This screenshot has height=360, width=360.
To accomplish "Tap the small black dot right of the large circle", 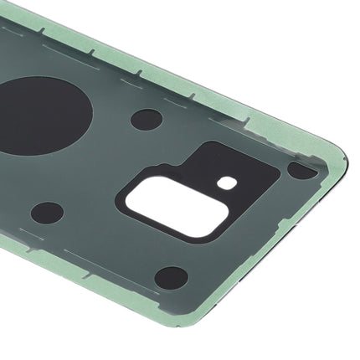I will click(146, 119).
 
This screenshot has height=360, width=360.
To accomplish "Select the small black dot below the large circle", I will click(48, 212).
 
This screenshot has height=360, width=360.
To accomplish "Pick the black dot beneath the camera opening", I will click(171, 277).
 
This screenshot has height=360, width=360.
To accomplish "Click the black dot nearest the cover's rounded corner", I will click(301, 169).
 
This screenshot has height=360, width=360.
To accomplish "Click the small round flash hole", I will click(224, 182).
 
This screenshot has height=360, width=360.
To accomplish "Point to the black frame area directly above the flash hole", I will click(224, 163).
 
